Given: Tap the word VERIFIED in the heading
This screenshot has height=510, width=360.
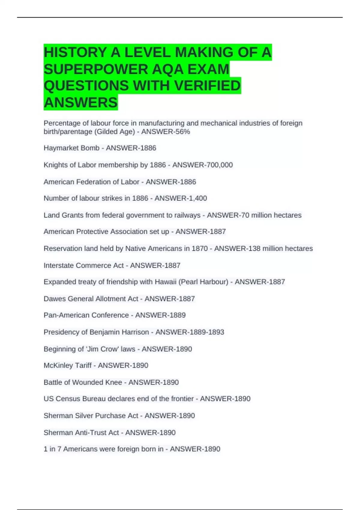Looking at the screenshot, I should point(207,85).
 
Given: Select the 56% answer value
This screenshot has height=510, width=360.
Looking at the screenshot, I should point(183,132).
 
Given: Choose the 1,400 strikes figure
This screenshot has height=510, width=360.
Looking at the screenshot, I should point(196,198).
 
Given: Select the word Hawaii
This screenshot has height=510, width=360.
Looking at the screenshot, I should point(165,282).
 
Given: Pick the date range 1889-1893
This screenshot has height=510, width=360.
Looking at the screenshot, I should point(207,332).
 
